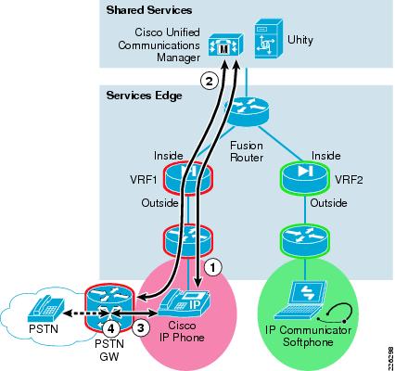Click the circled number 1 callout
pos(213,267)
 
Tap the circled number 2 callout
pos(210,82)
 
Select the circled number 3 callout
pos(141,328)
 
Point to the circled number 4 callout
pos(111,328)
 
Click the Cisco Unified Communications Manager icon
pos(225,45)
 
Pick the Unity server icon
pos(268,39)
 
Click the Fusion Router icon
pos(247,111)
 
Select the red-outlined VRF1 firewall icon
pos(188,178)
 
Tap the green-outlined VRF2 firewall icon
pos(305,178)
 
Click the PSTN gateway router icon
pos(109,308)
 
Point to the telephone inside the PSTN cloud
pos(46,309)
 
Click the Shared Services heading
pos(149,10)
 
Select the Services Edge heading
pos(145,96)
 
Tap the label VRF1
pos(144,180)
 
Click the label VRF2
pos(349,180)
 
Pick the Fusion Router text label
pos(247,151)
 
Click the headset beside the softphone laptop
pos(335,314)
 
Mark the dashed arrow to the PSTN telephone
pos(86,313)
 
